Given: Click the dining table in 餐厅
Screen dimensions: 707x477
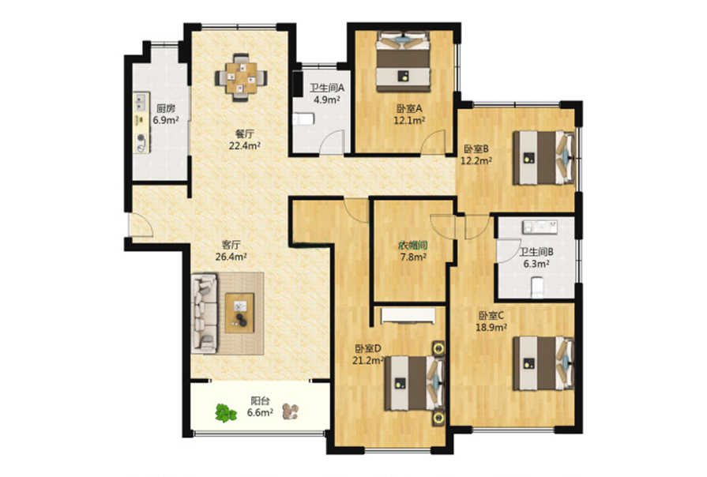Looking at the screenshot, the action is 241,77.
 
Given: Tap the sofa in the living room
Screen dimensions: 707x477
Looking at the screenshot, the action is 205,313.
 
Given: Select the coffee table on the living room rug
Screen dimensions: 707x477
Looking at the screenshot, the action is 239,313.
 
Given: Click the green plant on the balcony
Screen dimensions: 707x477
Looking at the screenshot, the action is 225,412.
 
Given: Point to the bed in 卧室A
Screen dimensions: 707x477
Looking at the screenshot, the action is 403,62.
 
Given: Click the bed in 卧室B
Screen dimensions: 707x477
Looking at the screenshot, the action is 543,158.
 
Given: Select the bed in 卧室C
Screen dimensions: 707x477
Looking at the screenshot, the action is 543,363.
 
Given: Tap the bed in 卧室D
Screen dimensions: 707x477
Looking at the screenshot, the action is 415,383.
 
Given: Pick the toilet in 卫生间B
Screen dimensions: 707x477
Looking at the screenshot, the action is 536,287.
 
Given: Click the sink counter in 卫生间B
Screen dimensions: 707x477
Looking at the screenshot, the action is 540,227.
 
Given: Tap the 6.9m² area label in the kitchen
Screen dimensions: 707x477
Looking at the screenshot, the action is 165,120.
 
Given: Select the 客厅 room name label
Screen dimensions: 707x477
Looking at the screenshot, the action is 231,245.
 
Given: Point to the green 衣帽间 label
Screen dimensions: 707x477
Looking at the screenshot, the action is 412,246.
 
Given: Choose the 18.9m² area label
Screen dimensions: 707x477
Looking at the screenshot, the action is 491,327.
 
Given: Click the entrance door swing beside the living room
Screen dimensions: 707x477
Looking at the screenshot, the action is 141,224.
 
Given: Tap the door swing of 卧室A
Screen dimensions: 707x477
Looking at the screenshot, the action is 434,142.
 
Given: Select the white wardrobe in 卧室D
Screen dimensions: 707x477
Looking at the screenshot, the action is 408,316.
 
